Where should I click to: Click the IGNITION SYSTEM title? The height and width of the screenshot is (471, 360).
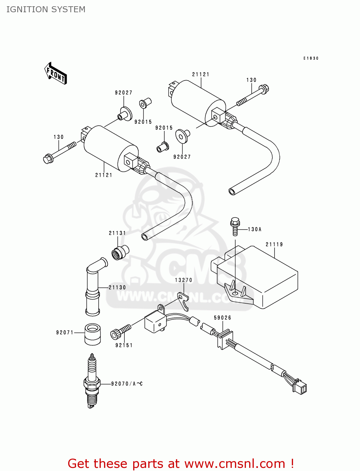point(46,9)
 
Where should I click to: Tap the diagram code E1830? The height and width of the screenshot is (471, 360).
point(311,58)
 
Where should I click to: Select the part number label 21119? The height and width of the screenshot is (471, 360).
point(274,244)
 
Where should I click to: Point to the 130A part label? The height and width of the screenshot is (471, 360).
point(254,230)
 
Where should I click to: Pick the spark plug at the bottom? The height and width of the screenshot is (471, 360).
point(92,382)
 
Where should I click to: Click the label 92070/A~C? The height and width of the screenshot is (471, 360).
point(127,384)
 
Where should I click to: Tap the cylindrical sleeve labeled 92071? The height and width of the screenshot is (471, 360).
point(92,334)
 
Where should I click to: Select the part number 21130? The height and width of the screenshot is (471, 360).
point(117,287)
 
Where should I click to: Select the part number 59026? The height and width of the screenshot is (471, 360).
point(222,318)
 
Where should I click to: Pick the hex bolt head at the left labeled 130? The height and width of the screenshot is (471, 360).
point(48,159)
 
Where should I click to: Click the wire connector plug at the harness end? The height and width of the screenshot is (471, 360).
point(300,387)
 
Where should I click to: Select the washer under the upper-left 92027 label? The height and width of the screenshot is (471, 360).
point(125,113)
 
